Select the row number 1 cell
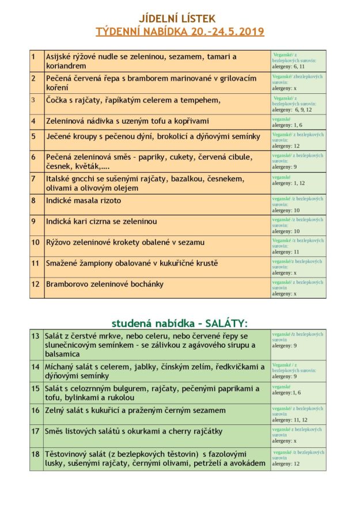click(37, 61)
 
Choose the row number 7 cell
click(37, 183)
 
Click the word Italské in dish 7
click(60, 178)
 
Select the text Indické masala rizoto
click(84, 200)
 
